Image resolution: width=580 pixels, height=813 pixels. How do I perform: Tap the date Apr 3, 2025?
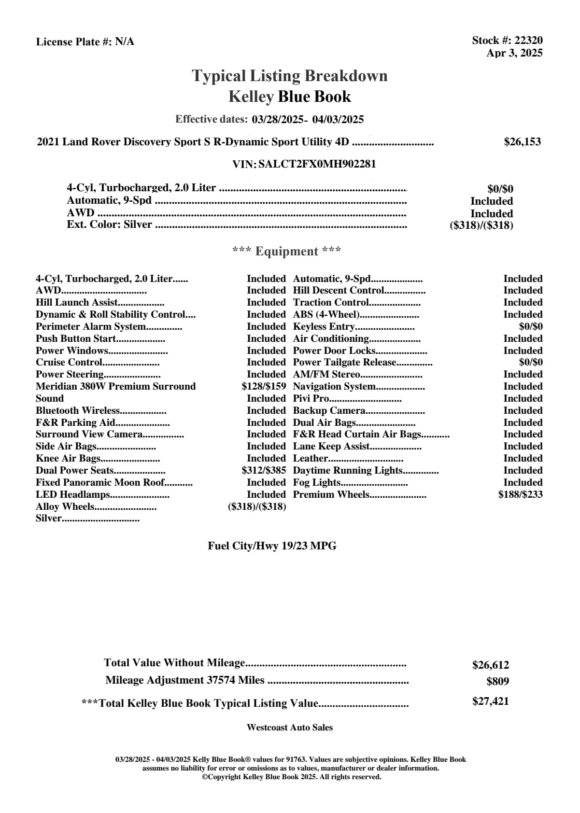pyautogui.click(x=514, y=53)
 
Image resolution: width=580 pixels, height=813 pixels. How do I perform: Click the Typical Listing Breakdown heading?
pyautogui.click(x=290, y=76)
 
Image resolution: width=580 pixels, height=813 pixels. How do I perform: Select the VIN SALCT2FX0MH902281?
pyautogui.click(x=317, y=164)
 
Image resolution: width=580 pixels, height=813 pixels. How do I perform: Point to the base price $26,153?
pyautogui.click(x=522, y=142)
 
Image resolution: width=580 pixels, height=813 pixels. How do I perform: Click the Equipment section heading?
pyautogui.click(x=286, y=252)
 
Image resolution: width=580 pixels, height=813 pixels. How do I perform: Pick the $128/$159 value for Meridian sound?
pyautogui.click(x=264, y=387)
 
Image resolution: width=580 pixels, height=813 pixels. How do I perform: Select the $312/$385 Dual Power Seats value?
pyautogui.click(x=264, y=471)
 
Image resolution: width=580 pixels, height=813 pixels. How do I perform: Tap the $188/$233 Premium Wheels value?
pyautogui.click(x=520, y=495)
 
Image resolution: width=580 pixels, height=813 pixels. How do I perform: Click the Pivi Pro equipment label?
pyautogui.click(x=311, y=399)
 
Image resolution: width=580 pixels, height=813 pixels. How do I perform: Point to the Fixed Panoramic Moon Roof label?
pyautogui.click(x=100, y=483)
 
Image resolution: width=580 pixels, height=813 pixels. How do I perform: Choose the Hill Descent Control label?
pyautogui.click(x=338, y=291)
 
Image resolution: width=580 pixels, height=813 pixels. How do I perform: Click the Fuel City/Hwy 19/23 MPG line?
pyautogui.click(x=272, y=546)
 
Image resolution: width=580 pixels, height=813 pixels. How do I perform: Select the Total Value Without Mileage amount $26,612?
pyautogui.click(x=490, y=665)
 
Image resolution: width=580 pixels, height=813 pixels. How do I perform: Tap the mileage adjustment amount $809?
pyautogui.click(x=497, y=682)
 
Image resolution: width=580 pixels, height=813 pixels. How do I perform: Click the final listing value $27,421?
pyautogui.click(x=490, y=701)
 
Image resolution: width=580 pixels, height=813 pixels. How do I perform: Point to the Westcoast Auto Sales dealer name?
pyautogui.click(x=289, y=728)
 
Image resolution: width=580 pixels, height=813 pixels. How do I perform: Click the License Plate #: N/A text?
pyautogui.click(x=85, y=42)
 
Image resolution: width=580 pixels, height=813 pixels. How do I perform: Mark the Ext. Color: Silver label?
pyautogui.click(x=109, y=224)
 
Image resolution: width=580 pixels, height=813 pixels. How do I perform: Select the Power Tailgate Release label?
pyautogui.click(x=344, y=363)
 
